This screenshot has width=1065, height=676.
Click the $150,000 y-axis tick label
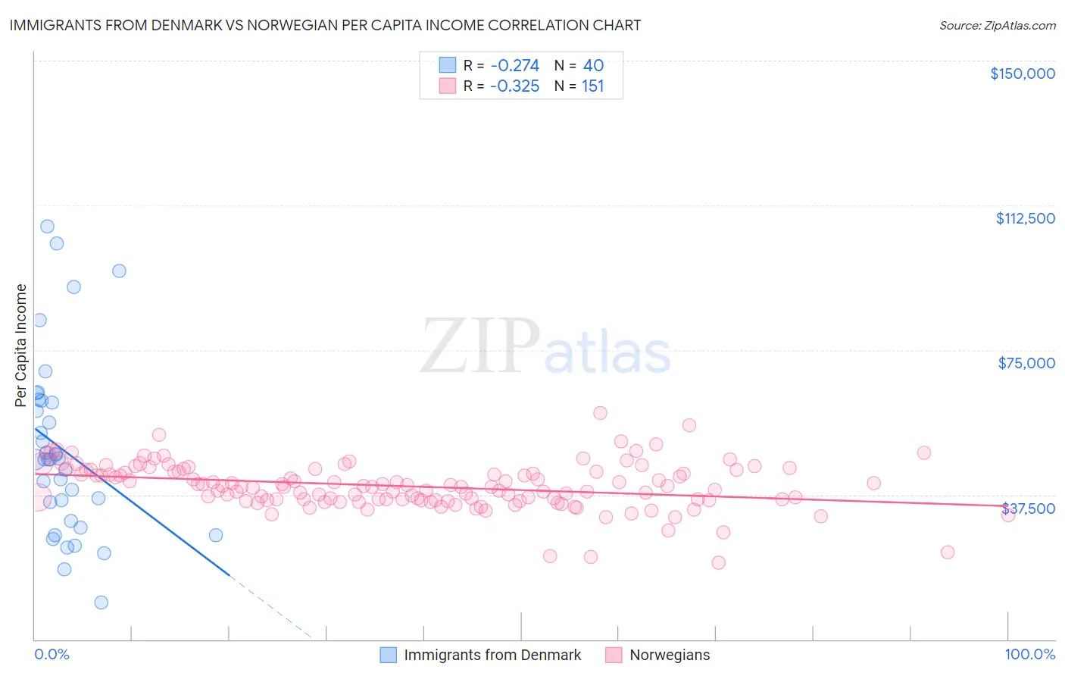pyautogui.click(x=1022, y=74)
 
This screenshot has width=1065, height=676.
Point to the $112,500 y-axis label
pyautogui.click(x=1025, y=218)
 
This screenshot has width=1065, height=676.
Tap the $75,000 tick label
pyautogui.click(x=1026, y=363)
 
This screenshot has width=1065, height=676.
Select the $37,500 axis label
pyautogui.click(x=1028, y=509)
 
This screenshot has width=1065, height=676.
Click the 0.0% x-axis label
pyautogui.click(x=52, y=654)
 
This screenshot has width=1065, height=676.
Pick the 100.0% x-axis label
pyautogui.click(x=1029, y=654)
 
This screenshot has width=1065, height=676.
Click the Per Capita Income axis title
pyautogui.click(x=21, y=345)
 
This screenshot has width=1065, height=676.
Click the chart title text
pyautogui.click(x=325, y=25)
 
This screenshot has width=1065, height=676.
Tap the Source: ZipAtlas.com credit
pyautogui.click(x=997, y=25)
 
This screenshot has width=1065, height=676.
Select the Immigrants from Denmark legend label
pyautogui.click(x=492, y=655)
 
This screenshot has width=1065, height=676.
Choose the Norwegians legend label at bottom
pyautogui.click(x=670, y=655)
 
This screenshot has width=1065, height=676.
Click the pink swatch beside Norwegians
pyautogui.click(x=614, y=655)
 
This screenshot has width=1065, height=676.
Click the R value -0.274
pyautogui.click(x=514, y=65)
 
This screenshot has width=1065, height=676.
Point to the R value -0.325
pyautogui.click(x=514, y=86)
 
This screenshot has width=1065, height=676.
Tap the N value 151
pyautogui.click(x=592, y=86)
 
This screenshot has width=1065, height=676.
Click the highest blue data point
pyautogui.click(x=47, y=227)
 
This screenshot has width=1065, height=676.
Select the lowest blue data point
pyautogui.click(x=101, y=602)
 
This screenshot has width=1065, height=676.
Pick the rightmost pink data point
pyautogui.click(x=1008, y=515)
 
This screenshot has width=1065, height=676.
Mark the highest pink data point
pyautogui.click(x=600, y=413)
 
